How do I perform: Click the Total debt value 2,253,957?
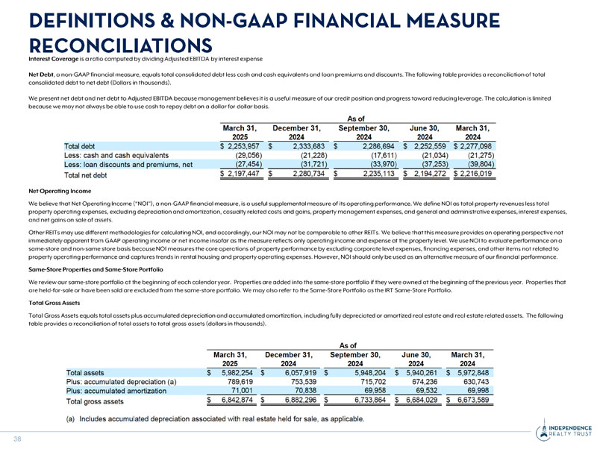[x=237, y=146]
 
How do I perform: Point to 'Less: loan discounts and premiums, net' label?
[x=128, y=164]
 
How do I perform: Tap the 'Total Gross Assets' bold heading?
[x=55, y=304]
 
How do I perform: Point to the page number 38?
[x=15, y=439]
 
